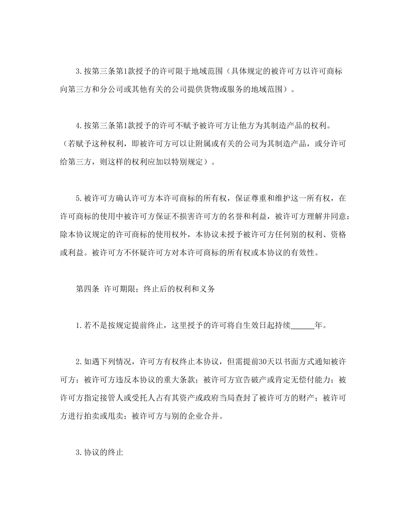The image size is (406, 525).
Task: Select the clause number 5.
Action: coord(78,198)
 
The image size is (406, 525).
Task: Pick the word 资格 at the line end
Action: coord(338,235)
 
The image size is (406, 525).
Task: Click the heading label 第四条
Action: coord(88,289)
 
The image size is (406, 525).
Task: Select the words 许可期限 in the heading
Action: coord(120,289)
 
